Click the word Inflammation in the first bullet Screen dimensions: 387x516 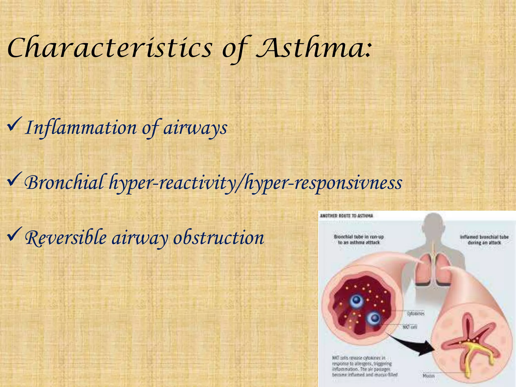pyautogui.click(x=81, y=128)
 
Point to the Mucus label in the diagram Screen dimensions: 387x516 pyautogui.click(x=429, y=376)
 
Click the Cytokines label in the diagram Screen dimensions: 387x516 pyautogui.click(x=416, y=314)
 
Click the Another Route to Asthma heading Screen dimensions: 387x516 pyautogui.click(x=346, y=216)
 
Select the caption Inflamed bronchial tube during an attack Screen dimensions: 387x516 pyautogui.click(x=484, y=240)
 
